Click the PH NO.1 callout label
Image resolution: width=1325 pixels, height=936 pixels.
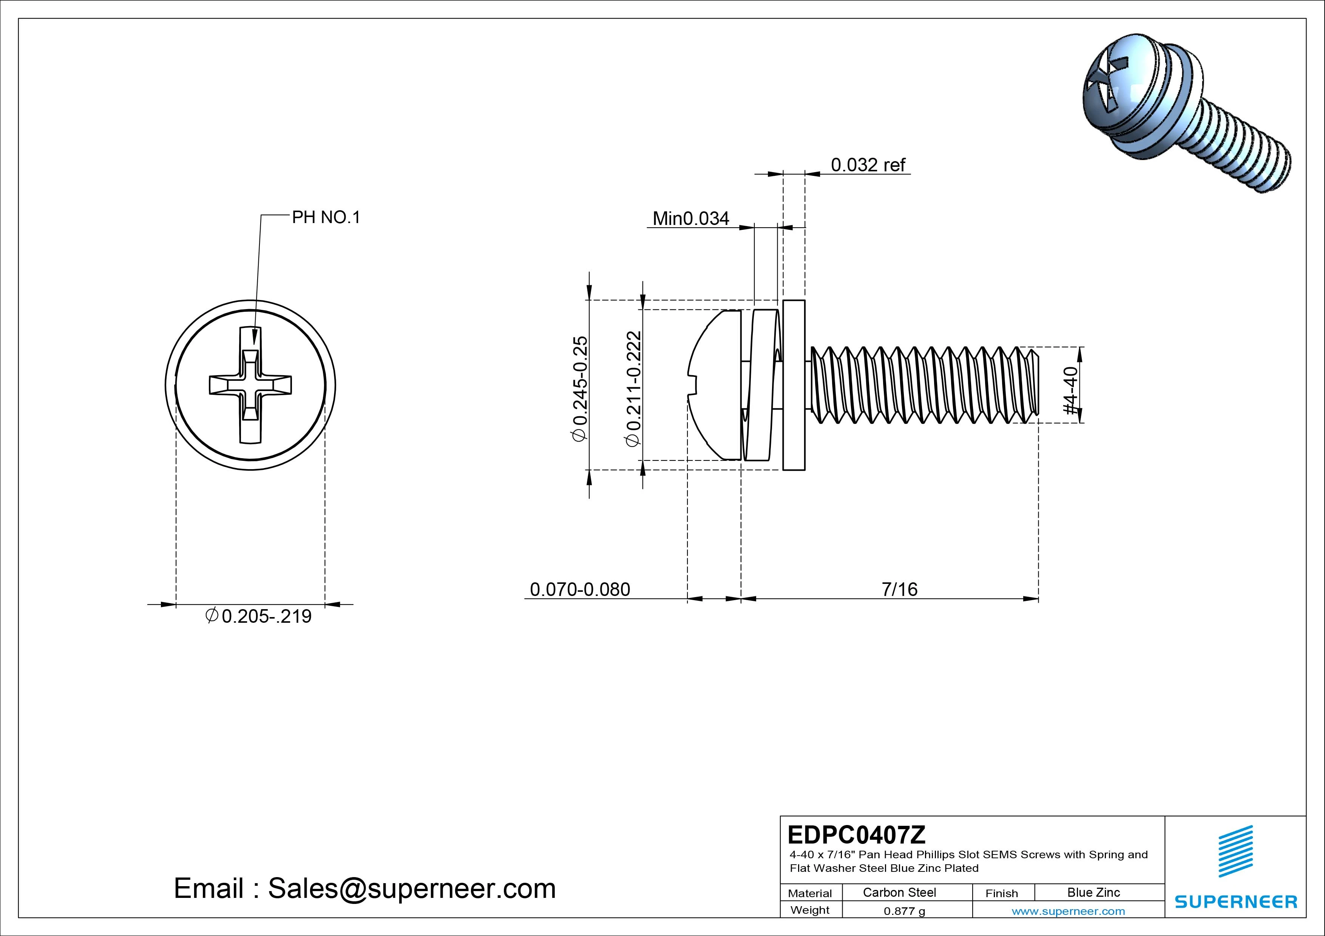coord(326,217)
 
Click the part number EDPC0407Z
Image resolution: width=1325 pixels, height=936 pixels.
coord(856,834)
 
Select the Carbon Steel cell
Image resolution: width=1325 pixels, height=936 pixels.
coord(899,892)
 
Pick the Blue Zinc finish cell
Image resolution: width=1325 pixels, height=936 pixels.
coord(1093,892)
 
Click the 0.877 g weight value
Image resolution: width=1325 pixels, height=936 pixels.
coord(904,911)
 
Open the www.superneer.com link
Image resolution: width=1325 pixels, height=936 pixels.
coord(1068,911)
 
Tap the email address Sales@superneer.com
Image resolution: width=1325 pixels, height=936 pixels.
coord(411,888)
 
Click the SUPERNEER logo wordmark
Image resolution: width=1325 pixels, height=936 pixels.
coord(1235,901)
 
